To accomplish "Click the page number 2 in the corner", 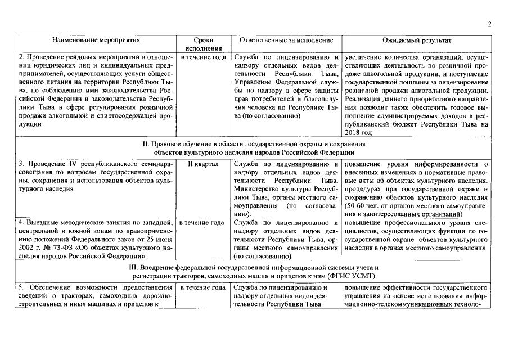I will pyautogui.click(x=489, y=24).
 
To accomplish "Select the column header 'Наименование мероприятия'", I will pyautogui.click(x=96, y=40).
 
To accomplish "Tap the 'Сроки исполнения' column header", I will pyautogui.click(x=203, y=44).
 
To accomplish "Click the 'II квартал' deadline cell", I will pyautogui.click(x=203, y=164).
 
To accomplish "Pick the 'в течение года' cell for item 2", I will pyautogui.click(x=203, y=57).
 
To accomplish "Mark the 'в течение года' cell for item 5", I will pyautogui.click(x=203, y=288).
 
